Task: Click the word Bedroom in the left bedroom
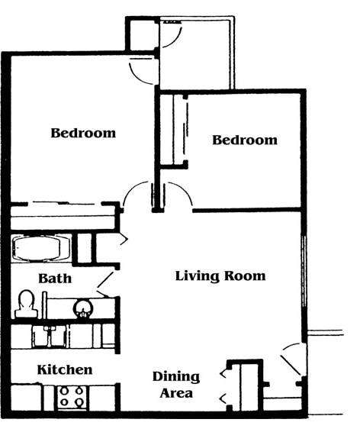(83, 133)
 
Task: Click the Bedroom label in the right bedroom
(244, 140)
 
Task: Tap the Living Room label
(220, 276)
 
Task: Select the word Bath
(55, 278)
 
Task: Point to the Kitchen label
(65, 369)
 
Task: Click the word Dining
(175, 376)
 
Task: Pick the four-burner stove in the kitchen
(72, 398)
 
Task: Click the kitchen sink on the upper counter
(51, 336)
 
